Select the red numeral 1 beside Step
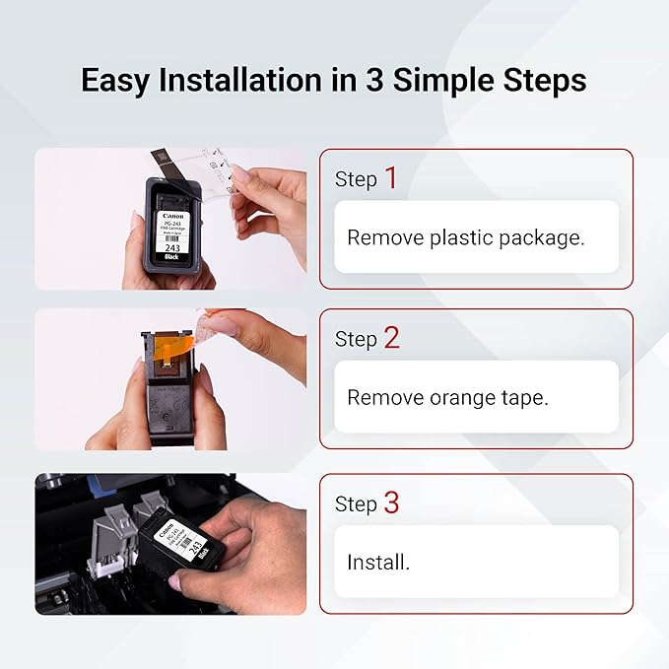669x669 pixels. point(391,178)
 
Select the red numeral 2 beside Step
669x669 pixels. point(391,338)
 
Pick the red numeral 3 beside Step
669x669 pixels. point(391,502)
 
